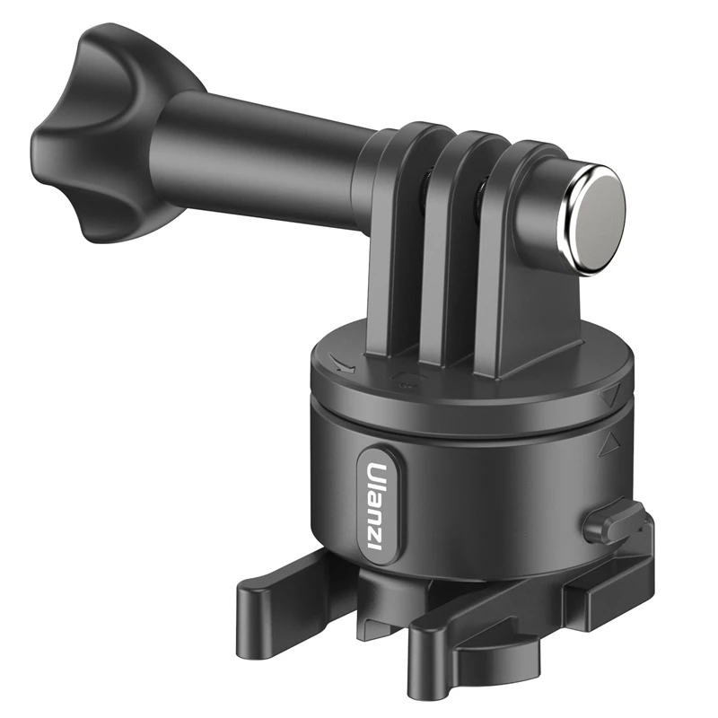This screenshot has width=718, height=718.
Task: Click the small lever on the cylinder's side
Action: pyautogui.click(x=611, y=523)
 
